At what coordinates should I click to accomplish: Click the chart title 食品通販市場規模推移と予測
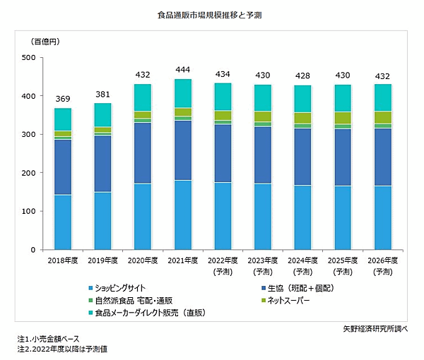tap(212, 14)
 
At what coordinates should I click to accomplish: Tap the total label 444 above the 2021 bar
tap(182, 69)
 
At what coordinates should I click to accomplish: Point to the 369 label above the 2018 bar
tap(63, 98)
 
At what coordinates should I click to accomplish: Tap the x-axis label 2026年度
tap(382, 261)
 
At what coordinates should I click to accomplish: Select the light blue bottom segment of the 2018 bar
tap(63, 222)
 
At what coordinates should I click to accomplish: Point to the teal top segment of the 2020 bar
tap(143, 97)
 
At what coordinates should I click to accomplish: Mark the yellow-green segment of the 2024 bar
tap(302, 118)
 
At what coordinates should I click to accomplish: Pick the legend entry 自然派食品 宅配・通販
tap(134, 300)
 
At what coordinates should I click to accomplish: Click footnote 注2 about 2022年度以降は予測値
tap(63, 349)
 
